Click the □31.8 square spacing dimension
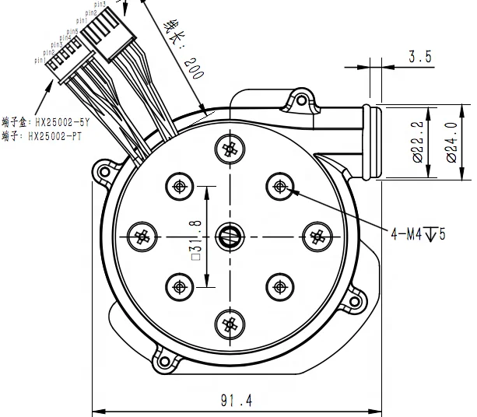(x=197, y=238)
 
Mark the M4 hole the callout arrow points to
(x=279, y=185)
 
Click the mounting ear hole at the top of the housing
(x=296, y=99)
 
